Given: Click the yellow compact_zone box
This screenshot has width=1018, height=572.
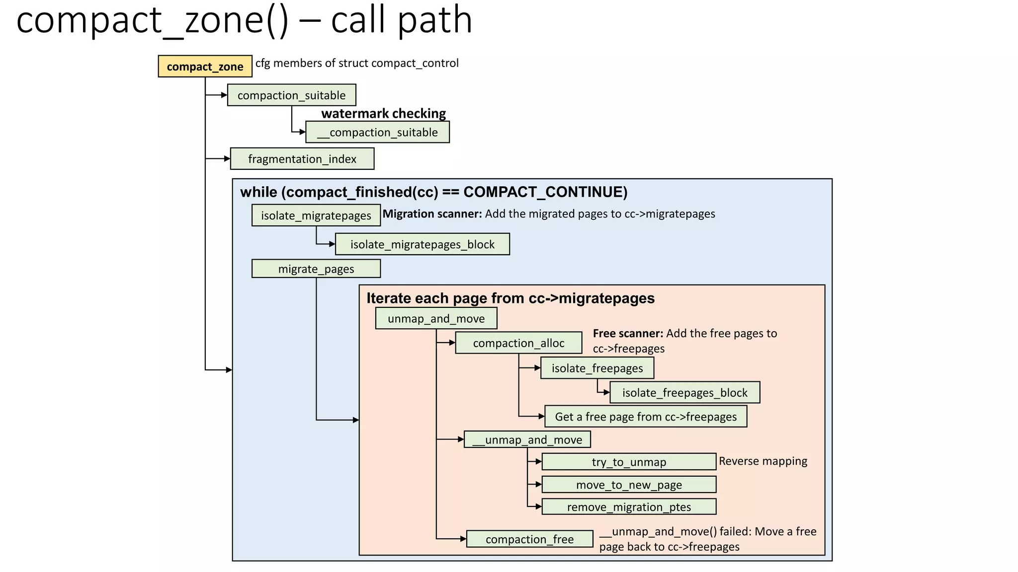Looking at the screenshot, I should tap(205, 67).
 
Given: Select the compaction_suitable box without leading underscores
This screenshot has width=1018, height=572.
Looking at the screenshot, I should tap(291, 95).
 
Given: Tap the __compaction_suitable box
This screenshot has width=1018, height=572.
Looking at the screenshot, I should tap(377, 133).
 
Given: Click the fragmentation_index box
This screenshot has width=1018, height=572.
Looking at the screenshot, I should tap(302, 159).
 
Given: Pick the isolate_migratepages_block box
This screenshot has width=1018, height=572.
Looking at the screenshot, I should tap(422, 244).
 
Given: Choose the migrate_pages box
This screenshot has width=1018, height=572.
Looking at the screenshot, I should tap(316, 269).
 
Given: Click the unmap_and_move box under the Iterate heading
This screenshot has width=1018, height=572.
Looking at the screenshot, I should tap(436, 318).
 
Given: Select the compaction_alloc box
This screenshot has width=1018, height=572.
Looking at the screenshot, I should tap(518, 343).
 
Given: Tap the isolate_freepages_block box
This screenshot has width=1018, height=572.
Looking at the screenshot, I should tap(684, 393).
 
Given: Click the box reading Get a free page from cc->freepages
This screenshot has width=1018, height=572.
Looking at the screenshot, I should tap(646, 417).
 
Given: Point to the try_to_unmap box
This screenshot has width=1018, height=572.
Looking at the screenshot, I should tap(628, 462).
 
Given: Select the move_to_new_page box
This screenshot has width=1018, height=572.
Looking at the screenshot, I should tap(628, 485).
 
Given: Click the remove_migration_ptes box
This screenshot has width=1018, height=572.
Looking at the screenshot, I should tap(628, 507).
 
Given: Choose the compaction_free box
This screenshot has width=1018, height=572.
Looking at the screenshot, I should tap(529, 539).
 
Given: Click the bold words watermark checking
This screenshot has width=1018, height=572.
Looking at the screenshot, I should tap(383, 114).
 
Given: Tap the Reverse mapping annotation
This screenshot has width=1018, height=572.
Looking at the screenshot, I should tap(763, 461).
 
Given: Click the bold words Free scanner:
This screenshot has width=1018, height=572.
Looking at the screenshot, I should tap(628, 333).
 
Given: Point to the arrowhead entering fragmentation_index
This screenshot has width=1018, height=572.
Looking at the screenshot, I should tap(227, 159).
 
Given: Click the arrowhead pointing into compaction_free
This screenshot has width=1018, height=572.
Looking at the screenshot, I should tap(463, 539).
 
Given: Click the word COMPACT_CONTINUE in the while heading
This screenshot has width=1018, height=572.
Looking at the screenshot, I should tap(545, 192).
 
